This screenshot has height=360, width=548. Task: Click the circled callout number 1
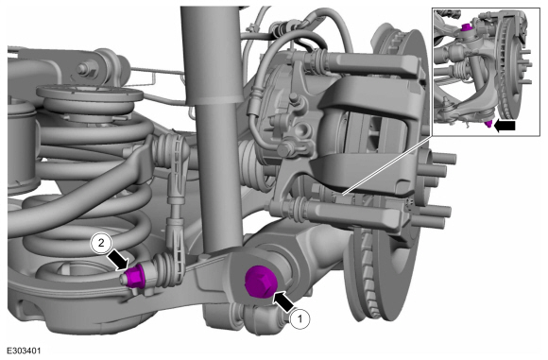point(300,318)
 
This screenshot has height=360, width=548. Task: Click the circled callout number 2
point(101,243)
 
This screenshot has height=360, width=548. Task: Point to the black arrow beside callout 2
point(117,260)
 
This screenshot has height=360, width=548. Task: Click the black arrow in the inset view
point(505,126)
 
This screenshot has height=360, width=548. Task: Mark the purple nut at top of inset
point(465,27)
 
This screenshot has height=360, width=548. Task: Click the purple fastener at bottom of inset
point(488,123)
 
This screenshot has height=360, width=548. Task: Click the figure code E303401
point(24,351)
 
